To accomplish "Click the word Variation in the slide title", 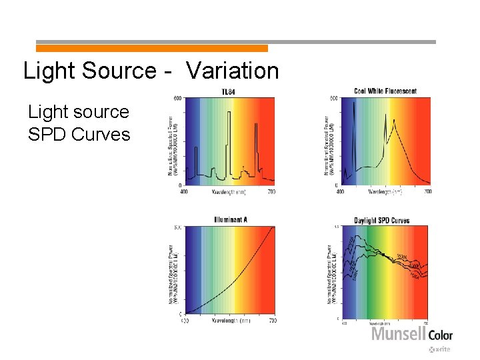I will coord(232,71).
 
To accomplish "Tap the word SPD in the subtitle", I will coord(47,134).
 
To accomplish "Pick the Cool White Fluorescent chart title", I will coord(385,91).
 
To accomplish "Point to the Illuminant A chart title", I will coord(231,220).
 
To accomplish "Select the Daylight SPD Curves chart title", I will coord(382,221).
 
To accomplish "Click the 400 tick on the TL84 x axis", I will coord(185,192).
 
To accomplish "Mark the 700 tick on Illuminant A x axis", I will coord(272,321).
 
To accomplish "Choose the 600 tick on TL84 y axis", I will coord(177,99).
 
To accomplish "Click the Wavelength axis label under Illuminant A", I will coord(229,321).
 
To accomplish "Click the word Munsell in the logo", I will coord(398,333).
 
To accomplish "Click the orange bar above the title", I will coord(151,48).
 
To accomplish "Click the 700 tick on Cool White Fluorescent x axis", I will coord(427,192).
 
